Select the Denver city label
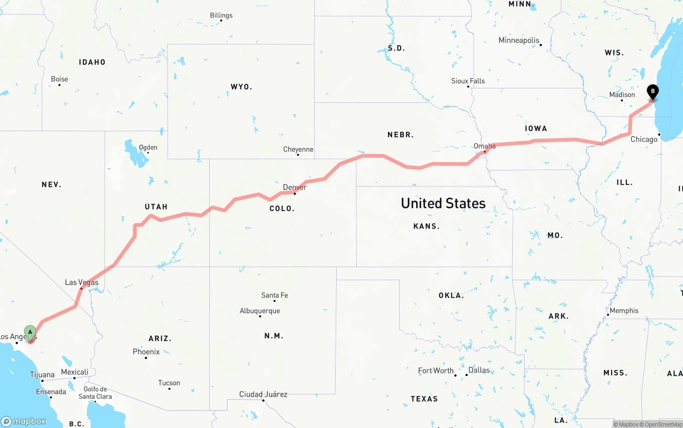[x=295, y=187]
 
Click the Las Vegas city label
[x=82, y=282]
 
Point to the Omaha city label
[x=485, y=146]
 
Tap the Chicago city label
[x=644, y=139]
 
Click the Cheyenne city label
[x=298, y=149]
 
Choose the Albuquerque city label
[x=260, y=311]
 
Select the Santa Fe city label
[x=274, y=295]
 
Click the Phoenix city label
[x=146, y=352]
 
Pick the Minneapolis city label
[x=519, y=41]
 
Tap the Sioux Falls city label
[x=468, y=81]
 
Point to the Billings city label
[x=221, y=15]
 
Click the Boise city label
[x=59, y=79]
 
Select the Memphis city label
[x=624, y=310]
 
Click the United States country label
[x=443, y=203]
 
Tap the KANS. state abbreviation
[x=426, y=226]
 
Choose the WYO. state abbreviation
[x=241, y=86]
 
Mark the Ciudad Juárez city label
[x=263, y=394]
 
